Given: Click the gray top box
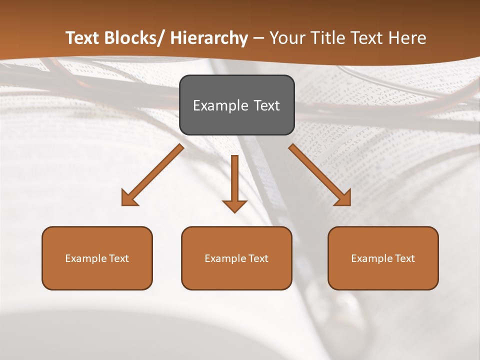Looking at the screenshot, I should click(236, 105).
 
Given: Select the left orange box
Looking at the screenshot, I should click(97, 258).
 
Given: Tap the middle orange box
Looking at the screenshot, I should click(236, 258).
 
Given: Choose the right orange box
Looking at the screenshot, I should click(383, 258).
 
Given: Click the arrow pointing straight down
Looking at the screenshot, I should click(234, 182).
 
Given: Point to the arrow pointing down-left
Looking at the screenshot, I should click(152, 175).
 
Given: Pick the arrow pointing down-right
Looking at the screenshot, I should click(320, 175).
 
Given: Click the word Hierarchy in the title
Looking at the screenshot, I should click(209, 38).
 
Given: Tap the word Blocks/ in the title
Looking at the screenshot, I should click(135, 38).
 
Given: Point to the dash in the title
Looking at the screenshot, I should click(258, 38).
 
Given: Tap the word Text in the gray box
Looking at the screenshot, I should click(266, 105).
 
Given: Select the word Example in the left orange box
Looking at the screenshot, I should click(86, 258).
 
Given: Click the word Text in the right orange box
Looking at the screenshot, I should click(404, 258).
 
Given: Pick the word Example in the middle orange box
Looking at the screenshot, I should click(225, 258).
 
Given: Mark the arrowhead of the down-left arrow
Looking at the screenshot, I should click(128, 198).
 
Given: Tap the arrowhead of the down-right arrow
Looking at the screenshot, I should click(343, 198).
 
